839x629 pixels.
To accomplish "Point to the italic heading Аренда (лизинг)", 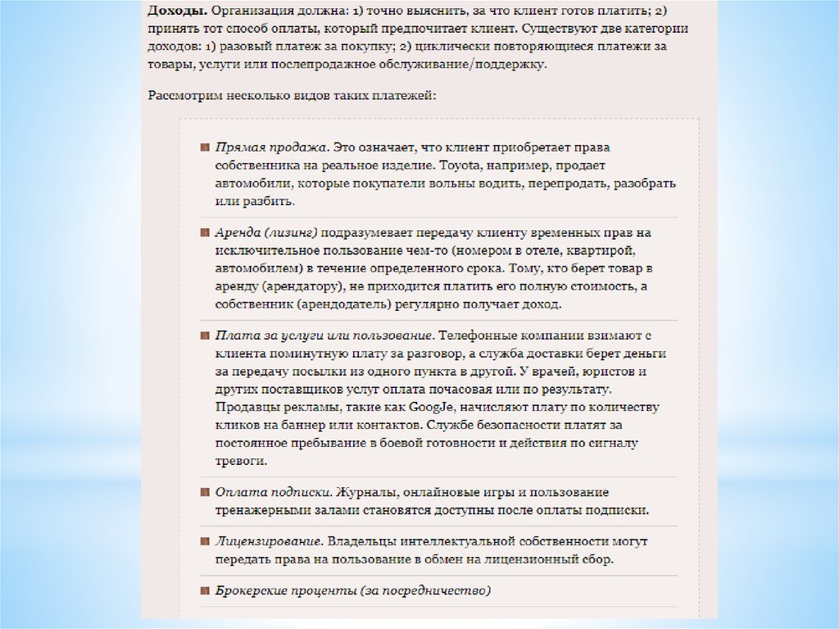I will [x=266, y=233].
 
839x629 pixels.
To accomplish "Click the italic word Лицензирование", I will [x=268, y=542].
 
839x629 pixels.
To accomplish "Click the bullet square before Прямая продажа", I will [x=205, y=148].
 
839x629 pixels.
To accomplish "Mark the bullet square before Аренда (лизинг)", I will [x=205, y=233].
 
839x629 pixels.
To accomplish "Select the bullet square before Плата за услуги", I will [x=205, y=335].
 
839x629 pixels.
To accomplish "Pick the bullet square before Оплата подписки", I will [x=205, y=492].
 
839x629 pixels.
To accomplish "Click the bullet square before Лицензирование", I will [x=205, y=542].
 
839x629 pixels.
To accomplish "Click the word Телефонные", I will [x=483, y=335].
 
